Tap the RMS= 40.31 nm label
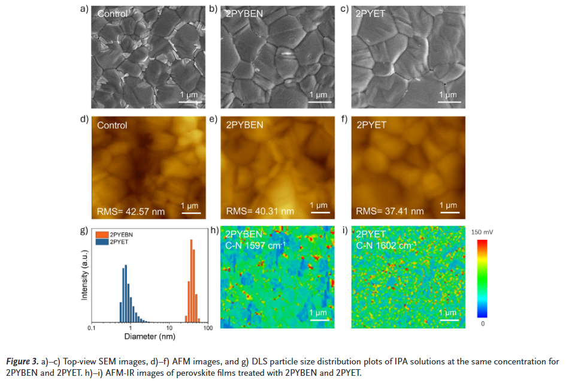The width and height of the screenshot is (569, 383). [259, 211]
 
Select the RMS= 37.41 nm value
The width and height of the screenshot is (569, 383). [389, 211]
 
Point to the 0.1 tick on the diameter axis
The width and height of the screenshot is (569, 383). [91, 328]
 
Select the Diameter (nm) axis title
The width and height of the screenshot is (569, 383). [149, 336]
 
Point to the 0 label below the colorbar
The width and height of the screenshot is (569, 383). [482, 324]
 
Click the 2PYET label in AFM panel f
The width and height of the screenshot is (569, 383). [371, 126]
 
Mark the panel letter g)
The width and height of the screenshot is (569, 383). [84, 230]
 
